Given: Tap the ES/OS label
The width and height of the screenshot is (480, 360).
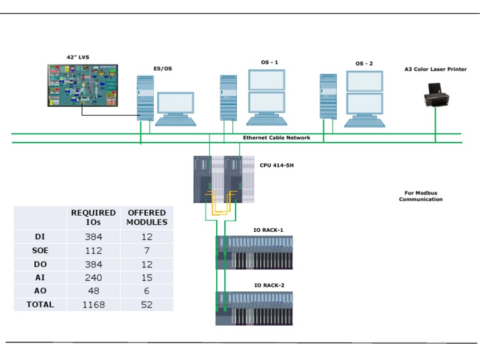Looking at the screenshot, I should click(162, 69).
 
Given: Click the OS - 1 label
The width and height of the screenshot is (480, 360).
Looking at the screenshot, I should click(269, 62).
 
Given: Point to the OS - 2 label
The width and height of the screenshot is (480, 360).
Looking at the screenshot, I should click(364, 64).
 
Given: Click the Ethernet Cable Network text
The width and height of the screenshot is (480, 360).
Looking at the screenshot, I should click(276, 137).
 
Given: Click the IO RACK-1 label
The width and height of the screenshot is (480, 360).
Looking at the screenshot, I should click(268, 230).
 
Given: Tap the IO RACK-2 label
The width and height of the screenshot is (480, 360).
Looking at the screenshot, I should click(269, 285).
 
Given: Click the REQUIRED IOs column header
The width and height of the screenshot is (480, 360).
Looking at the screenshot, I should click(93, 217).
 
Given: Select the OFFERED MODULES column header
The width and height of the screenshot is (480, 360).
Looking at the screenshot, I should click(147, 217).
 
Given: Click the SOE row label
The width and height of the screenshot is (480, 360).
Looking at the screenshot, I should click(41, 251).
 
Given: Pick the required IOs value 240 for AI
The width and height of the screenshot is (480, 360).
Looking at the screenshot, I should click(93, 277).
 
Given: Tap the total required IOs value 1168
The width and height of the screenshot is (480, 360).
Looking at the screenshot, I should click(93, 304).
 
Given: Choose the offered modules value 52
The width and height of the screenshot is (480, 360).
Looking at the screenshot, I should click(147, 304).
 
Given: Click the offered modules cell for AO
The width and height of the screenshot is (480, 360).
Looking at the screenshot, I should click(147, 291).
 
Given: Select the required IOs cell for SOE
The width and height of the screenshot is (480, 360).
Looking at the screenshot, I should click(93, 251).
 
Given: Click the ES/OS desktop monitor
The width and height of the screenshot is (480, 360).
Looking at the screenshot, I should click(175, 107).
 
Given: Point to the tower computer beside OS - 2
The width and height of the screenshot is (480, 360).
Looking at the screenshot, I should click(328, 96).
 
